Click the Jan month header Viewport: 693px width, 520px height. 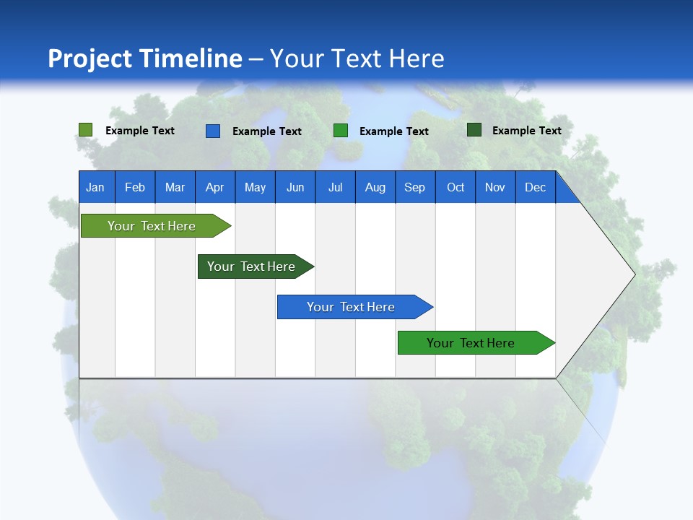tap(95, 187)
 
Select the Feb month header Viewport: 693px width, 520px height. tap(135, 187)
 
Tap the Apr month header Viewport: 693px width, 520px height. tap(215, 187)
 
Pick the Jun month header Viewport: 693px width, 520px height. tap(295, 187)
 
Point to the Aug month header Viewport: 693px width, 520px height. tap(375, 187)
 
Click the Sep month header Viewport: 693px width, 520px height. tap(415, 187)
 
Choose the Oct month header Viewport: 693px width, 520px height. tap(456, 187)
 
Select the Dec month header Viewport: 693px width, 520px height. tap(536, 187)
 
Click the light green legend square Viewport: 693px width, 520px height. tap(86, 130)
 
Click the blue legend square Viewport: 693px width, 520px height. tap(213, 131)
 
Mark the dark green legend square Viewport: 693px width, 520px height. tap(474, 130)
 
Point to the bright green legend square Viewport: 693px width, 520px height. tap(341, 131)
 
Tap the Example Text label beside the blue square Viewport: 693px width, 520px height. tap(267, 131)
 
